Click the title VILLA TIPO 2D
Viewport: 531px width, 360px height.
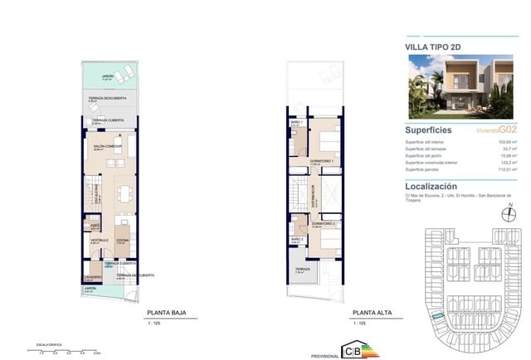(x=432, y=46)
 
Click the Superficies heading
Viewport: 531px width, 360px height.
(x=428, y=130)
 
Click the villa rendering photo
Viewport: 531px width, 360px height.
(x=457, y=87)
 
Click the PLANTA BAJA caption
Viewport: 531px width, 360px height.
(x=163, y=313)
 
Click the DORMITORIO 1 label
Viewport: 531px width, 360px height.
(x=321, y=159)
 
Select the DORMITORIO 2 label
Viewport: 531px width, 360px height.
(x=323, y=223)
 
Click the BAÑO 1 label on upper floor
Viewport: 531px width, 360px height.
(x=296, y=122)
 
